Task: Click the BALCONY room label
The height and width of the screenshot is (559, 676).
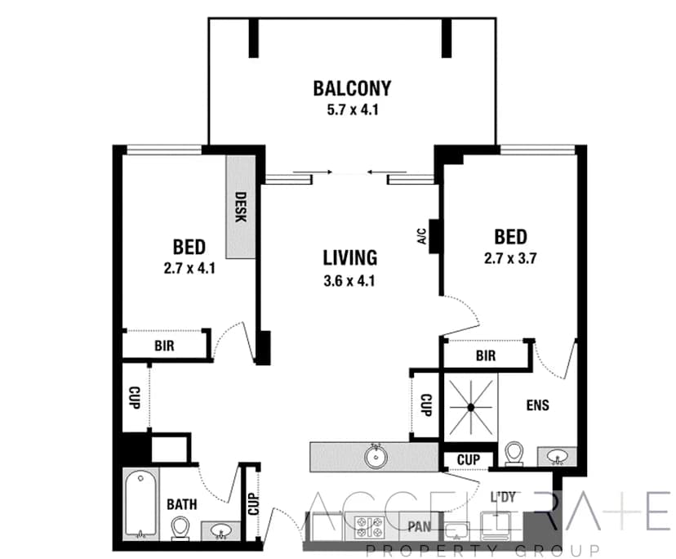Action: coord(352,87)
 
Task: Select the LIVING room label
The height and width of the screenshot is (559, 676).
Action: coord(349,258)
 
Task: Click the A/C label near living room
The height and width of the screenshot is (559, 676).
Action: coord(422,237)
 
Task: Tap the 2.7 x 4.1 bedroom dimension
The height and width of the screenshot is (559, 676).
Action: coord(188,266)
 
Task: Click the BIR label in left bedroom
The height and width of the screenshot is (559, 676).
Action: coord(164,346)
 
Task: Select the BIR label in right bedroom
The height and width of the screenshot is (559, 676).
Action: coord(485,356)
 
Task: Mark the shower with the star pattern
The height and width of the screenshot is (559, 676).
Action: coord(471,405)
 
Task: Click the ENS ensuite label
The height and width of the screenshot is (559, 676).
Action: coord(537,405)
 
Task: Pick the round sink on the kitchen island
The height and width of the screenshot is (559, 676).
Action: coord(377,454)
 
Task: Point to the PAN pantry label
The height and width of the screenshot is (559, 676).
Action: coord(420,525)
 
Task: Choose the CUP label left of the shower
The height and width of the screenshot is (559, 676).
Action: coord(425,405)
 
